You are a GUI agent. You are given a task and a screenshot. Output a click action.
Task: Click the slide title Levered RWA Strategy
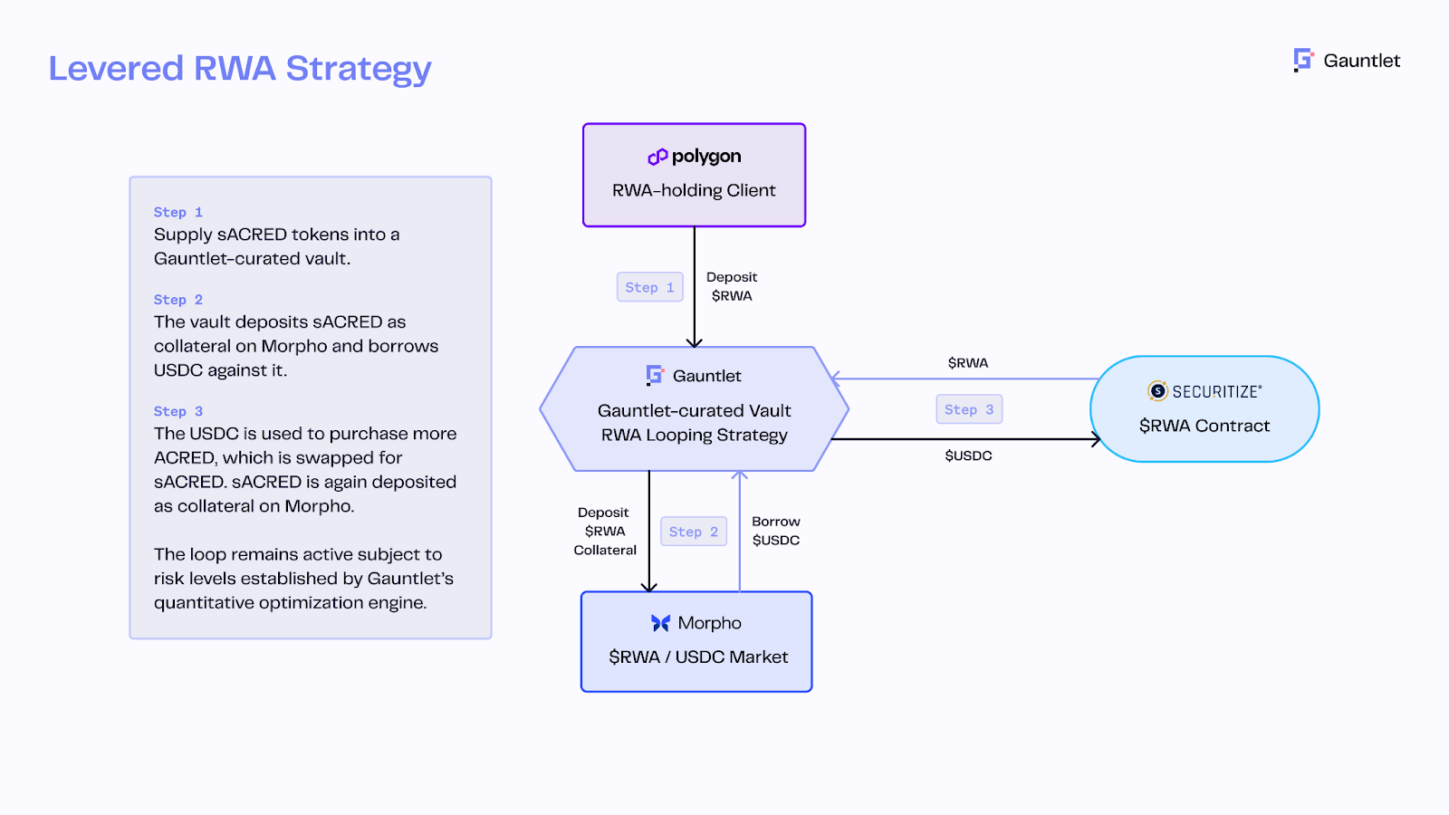[240, 69]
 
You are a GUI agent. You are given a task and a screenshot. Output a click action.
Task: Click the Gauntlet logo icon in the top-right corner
[1303, 60]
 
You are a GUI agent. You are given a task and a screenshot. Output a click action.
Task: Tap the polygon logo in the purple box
[657, 157]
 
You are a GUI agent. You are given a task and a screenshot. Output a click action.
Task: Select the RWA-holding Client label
[694, 190]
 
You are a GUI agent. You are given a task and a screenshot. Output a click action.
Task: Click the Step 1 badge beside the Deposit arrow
[649, 287]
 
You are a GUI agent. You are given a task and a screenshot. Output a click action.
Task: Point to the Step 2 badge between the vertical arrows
[694, 532]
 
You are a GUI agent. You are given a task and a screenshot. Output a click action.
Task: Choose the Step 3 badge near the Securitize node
[969, 409]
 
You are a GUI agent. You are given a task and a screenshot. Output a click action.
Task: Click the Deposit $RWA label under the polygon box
[732, 286]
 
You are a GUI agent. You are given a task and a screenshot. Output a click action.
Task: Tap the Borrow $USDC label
[776, 531]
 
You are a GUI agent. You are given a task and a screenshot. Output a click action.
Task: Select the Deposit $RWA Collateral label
[605, 531]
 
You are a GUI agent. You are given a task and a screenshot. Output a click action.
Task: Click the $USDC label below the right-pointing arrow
[968, 455]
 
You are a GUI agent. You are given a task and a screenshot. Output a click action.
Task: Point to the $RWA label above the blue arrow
[968, 363]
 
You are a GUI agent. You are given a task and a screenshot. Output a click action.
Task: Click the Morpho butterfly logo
[660, 623]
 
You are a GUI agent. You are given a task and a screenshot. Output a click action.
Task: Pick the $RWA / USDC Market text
[698, 657]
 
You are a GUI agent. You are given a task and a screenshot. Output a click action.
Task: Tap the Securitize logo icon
[1157, 391]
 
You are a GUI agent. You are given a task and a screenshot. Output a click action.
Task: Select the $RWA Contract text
[1204, 426]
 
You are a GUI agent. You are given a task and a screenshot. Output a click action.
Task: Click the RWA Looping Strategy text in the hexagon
[695, 435]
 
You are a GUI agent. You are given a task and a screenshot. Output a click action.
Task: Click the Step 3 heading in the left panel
[178, 411]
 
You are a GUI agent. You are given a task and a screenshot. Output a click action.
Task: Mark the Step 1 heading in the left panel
[178, 212]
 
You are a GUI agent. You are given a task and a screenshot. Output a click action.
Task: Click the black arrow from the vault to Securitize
[960, 439]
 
